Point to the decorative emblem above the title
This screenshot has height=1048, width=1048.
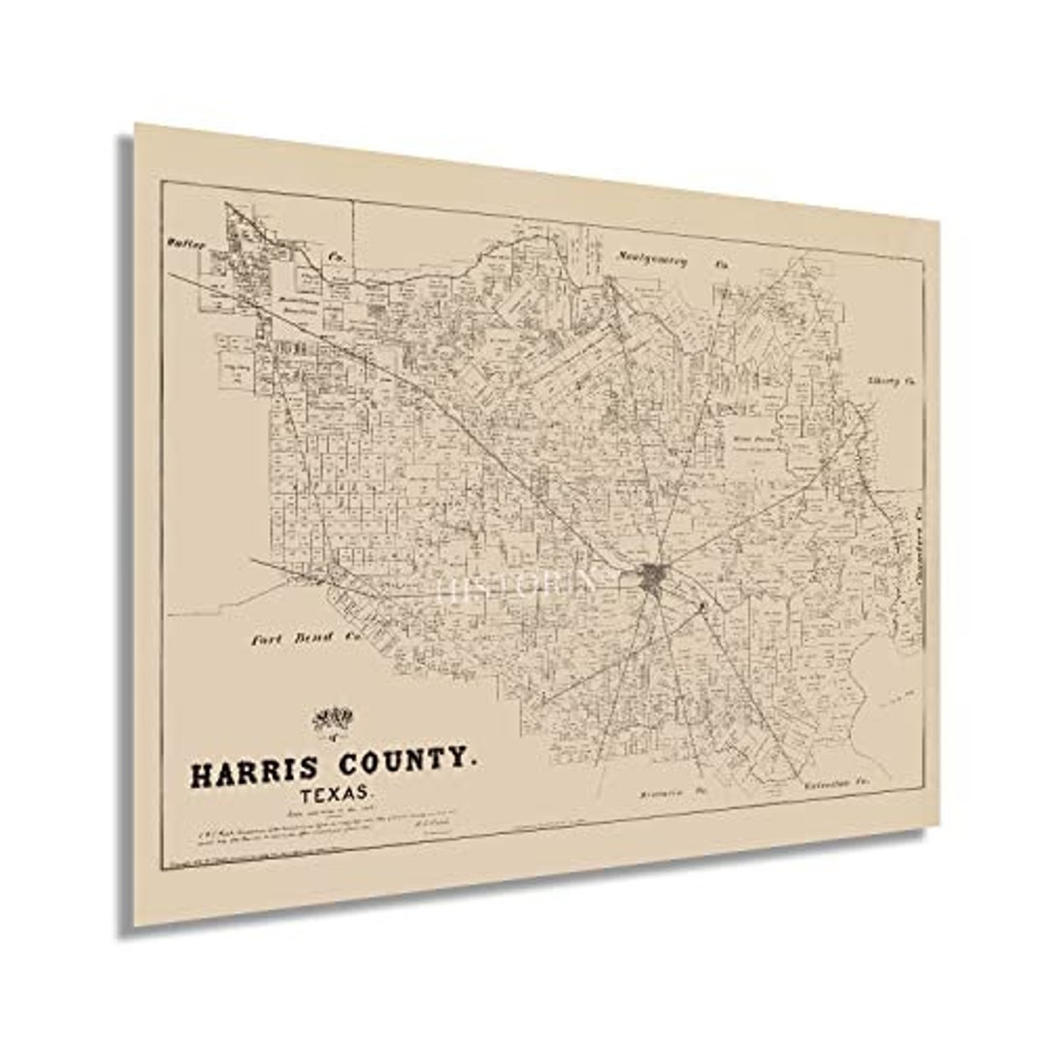pos(333,720)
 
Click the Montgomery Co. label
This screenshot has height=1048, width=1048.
pos(670,259)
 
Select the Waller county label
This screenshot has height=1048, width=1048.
pos(185,245)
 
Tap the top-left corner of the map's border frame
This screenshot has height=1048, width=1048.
pos(165,181)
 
